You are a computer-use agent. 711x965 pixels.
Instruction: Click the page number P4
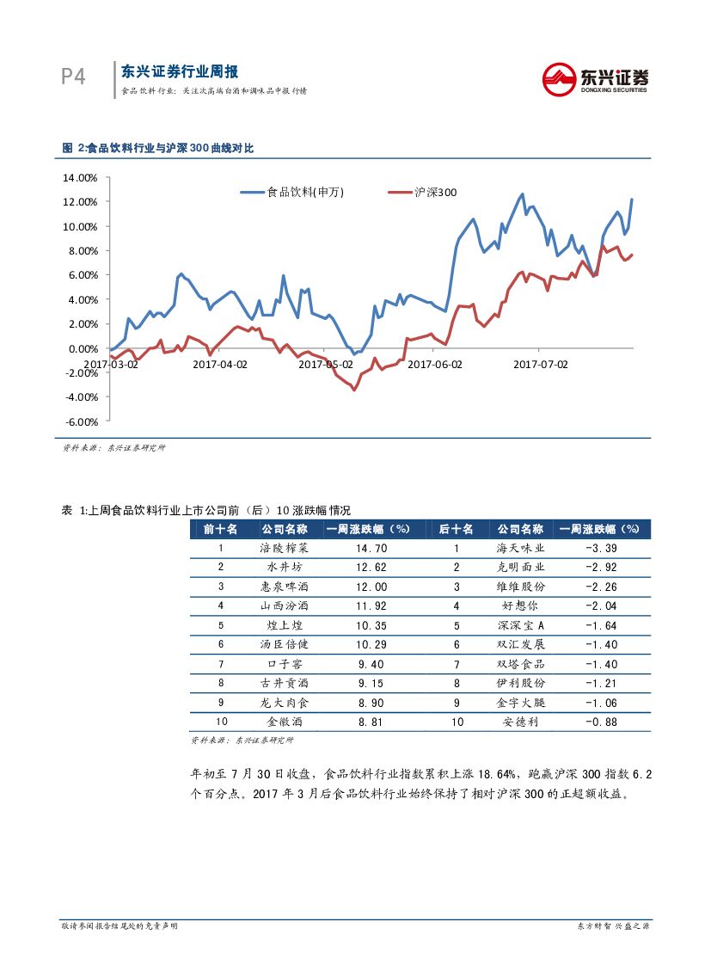[73, 77]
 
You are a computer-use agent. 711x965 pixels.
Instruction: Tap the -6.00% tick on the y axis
[82, 421]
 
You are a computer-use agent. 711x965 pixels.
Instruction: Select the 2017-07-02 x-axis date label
[541, 364]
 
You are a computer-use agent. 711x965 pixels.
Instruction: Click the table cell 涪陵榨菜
[282, 548]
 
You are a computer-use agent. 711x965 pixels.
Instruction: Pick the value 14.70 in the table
[372, 548]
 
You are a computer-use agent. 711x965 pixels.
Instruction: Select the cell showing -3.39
[600, 548]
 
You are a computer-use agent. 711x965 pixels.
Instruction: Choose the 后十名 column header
[457, 529]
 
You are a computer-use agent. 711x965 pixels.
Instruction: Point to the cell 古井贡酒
[282, 683]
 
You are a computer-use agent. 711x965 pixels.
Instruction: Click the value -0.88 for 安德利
[600, 722]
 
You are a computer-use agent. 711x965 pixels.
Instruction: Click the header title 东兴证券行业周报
[180, 72]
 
